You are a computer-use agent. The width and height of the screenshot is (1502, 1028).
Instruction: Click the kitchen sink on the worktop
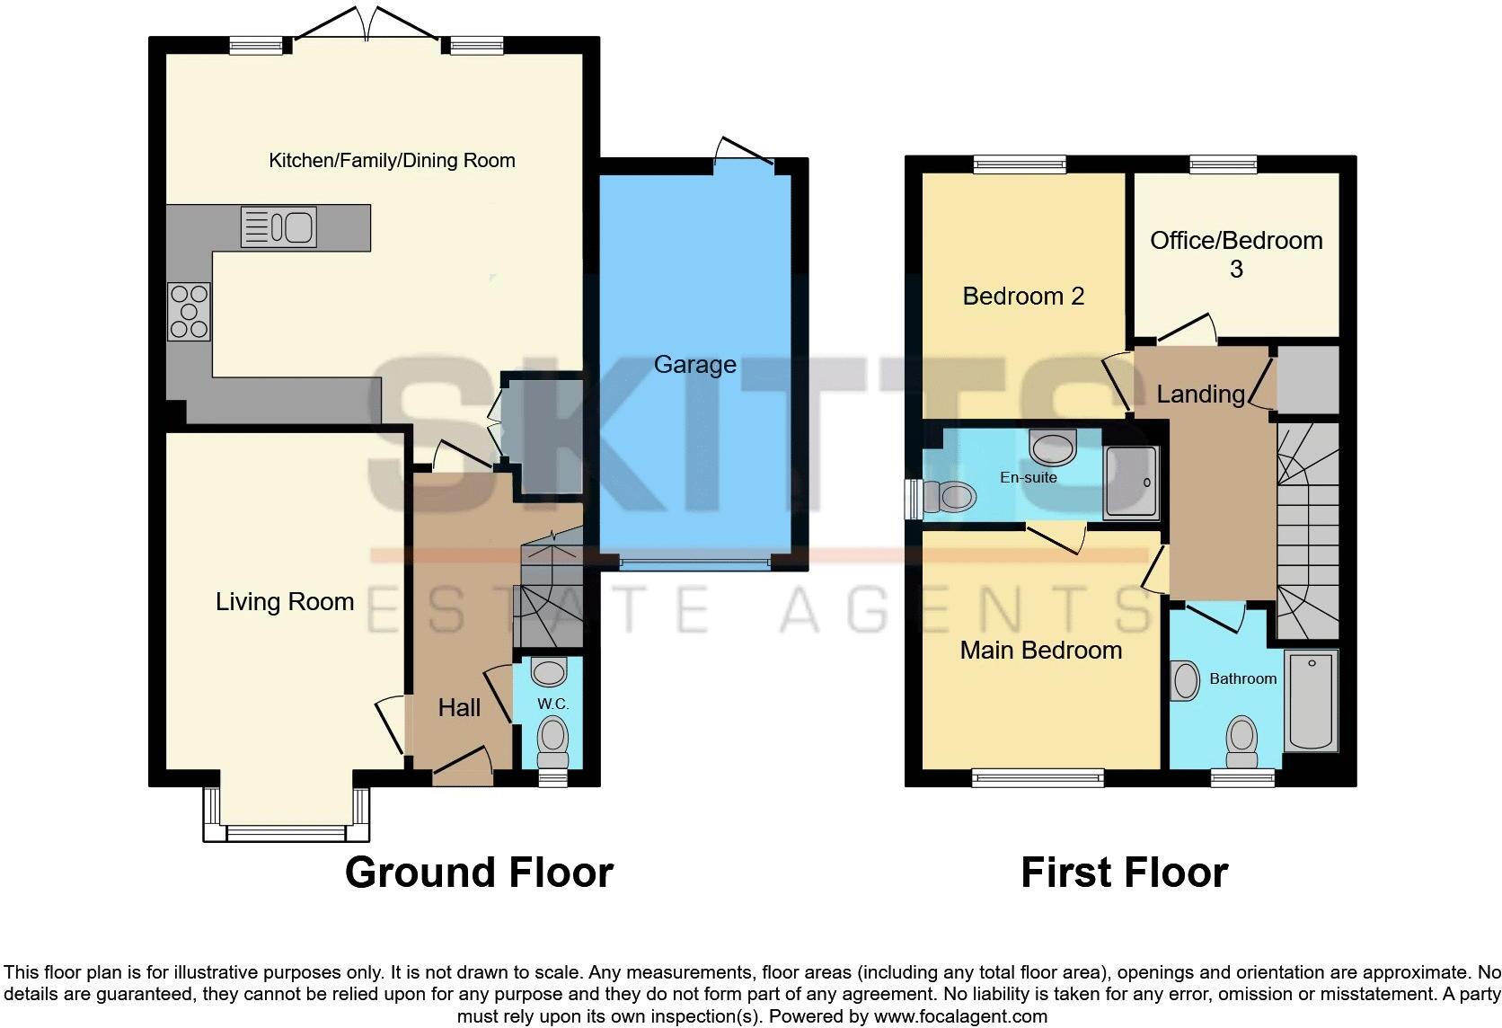point(279,226)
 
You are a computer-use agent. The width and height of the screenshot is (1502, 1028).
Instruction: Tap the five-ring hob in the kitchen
point(189,312)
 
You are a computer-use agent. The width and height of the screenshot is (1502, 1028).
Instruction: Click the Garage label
point(694,365)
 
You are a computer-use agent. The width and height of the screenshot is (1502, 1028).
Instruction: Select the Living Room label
point(285,602)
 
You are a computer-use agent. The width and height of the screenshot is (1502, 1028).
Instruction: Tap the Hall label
point(459,708)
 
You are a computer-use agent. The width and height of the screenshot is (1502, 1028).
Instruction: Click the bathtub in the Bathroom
point(1312,702)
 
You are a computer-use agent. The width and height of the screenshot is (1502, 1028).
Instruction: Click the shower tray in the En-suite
point(1132,483)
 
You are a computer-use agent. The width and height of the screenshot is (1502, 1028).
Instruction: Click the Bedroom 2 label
point(1023,297)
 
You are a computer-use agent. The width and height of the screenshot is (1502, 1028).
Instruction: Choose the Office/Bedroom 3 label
point(1236,253)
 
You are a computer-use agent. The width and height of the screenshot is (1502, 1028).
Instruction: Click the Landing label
point(1200,394)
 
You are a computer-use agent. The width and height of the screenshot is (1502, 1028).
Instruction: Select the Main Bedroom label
point(1040,651)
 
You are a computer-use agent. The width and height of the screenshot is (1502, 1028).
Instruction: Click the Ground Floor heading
point(479,873)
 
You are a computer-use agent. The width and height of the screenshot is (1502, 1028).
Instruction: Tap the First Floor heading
point(1124,873)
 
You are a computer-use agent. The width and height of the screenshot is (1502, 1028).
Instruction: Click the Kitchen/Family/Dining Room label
point(392,161)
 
